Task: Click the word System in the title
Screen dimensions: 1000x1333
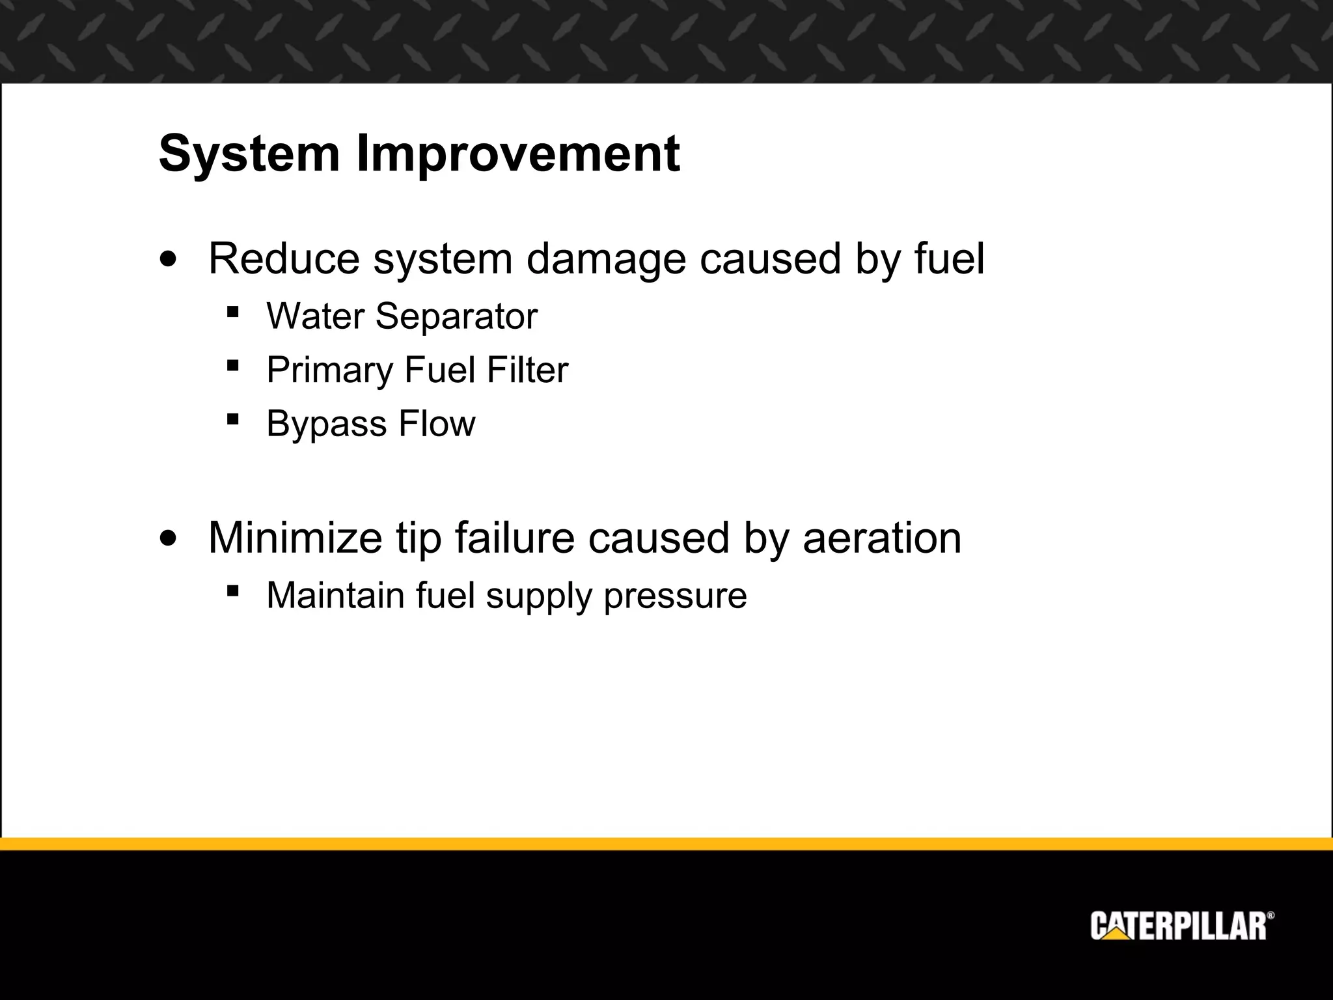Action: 249,154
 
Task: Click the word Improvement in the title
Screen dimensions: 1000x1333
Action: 518,154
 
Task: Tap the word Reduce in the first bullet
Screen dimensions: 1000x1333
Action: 283,258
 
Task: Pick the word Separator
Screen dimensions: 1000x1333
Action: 456,318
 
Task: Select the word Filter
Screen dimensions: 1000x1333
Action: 527,370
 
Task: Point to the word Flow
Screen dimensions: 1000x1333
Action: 437,423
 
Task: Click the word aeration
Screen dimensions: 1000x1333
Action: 882,538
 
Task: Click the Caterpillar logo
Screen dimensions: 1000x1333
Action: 1182,926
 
